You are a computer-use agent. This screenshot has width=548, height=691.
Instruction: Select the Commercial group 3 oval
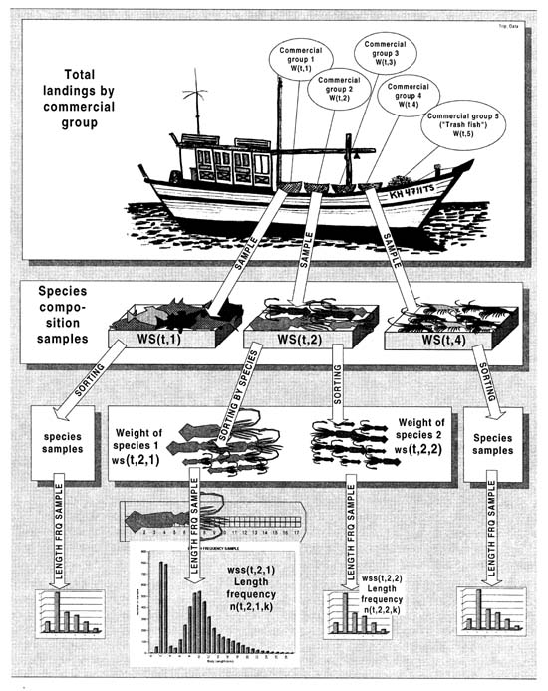[380, 52]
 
